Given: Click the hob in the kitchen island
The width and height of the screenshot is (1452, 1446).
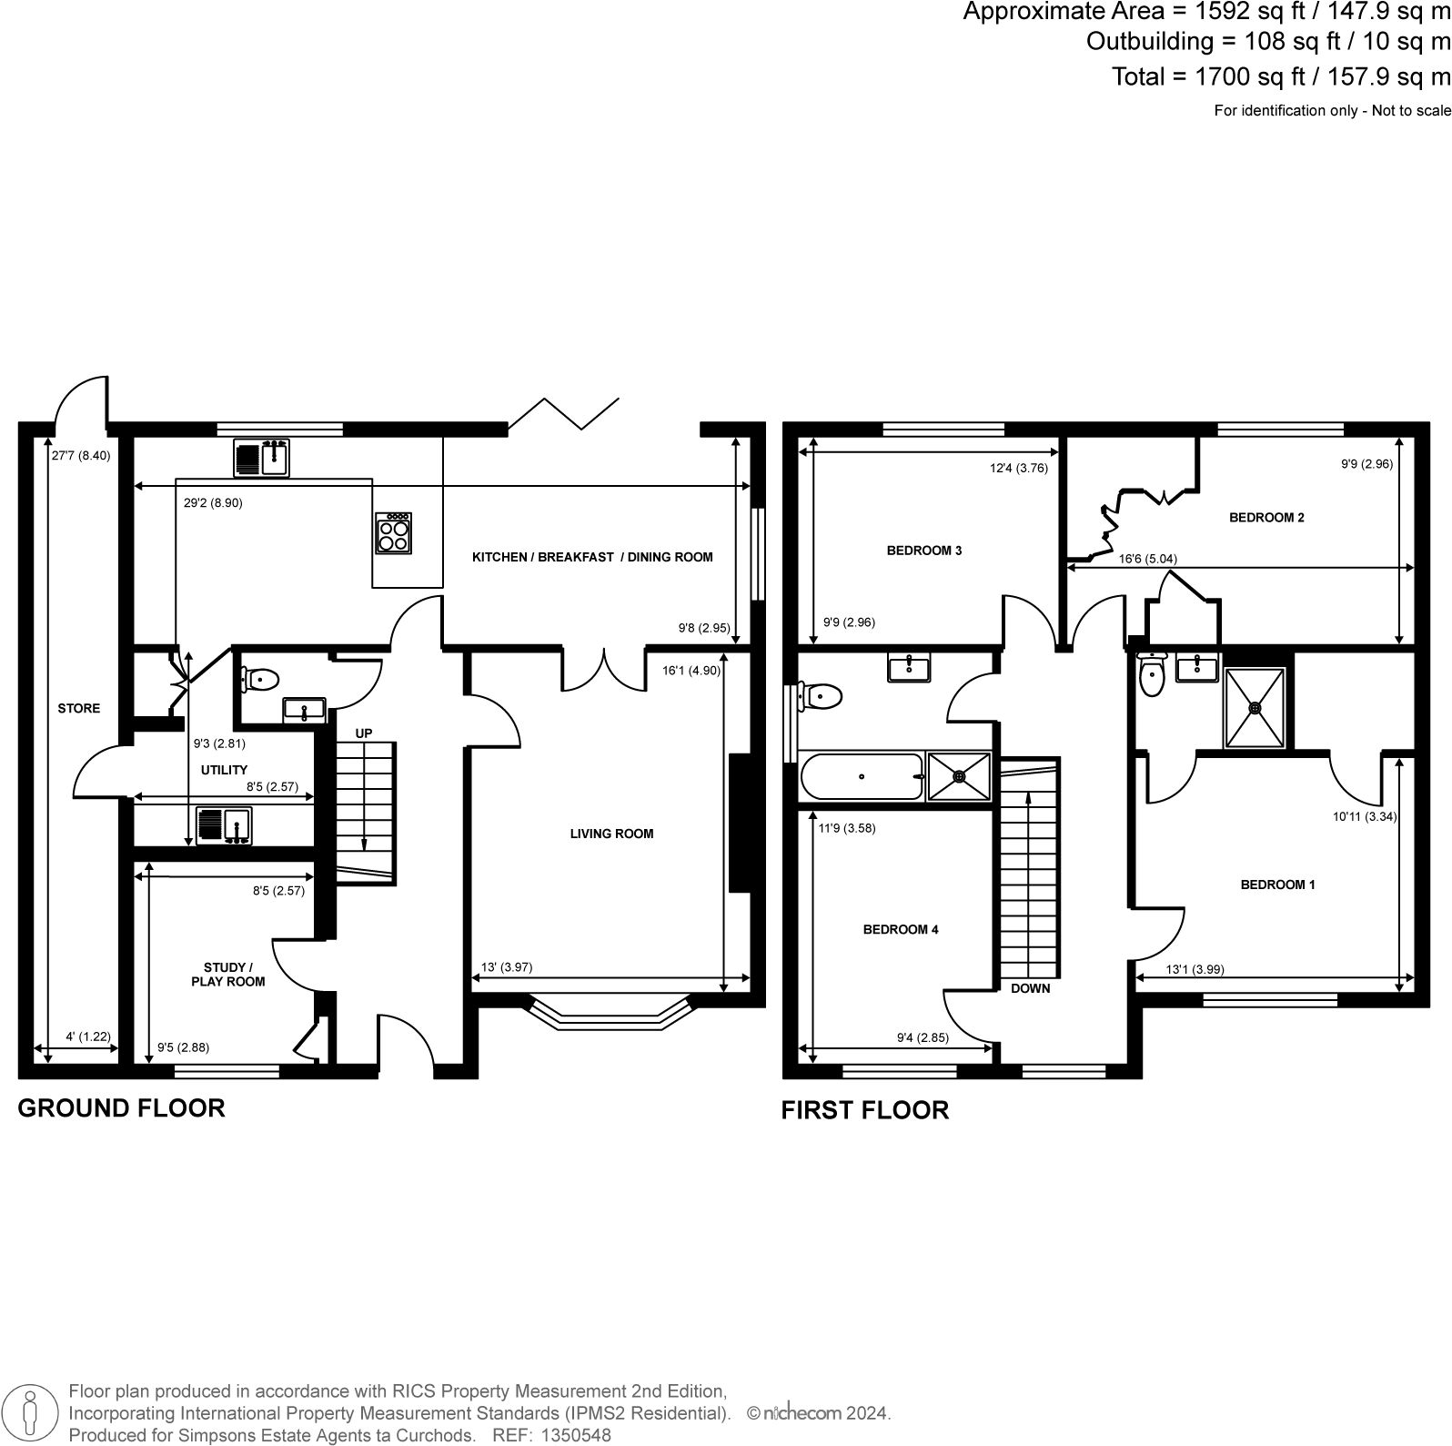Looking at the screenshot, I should [394, 533].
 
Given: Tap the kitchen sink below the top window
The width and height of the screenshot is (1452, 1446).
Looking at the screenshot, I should [261, 458].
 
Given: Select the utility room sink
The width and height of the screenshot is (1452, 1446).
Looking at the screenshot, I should [224, 825].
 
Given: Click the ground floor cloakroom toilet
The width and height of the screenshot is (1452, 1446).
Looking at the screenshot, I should [261, 679].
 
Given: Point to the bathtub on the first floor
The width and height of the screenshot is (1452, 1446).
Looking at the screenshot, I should [861, 777].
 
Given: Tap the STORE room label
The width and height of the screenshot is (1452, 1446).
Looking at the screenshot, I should [79, 708].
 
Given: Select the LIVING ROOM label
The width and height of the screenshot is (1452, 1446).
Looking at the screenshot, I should [611, 834].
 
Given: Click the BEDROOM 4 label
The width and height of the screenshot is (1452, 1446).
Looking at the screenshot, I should [901, 929].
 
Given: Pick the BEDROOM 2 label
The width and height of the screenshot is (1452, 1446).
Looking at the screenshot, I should [1266, 518].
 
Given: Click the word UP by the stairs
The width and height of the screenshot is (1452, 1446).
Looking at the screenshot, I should [364, 733].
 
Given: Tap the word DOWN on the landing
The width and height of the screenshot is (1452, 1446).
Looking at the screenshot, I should [1030, 988].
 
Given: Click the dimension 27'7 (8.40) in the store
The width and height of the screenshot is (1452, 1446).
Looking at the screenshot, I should [80, 456].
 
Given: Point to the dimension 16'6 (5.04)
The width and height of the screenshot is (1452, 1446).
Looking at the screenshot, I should [1147, 559].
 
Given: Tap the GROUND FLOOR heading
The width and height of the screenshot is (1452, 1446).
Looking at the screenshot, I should [122, 1108].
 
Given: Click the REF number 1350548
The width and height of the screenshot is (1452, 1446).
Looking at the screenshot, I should [577, 1435].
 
